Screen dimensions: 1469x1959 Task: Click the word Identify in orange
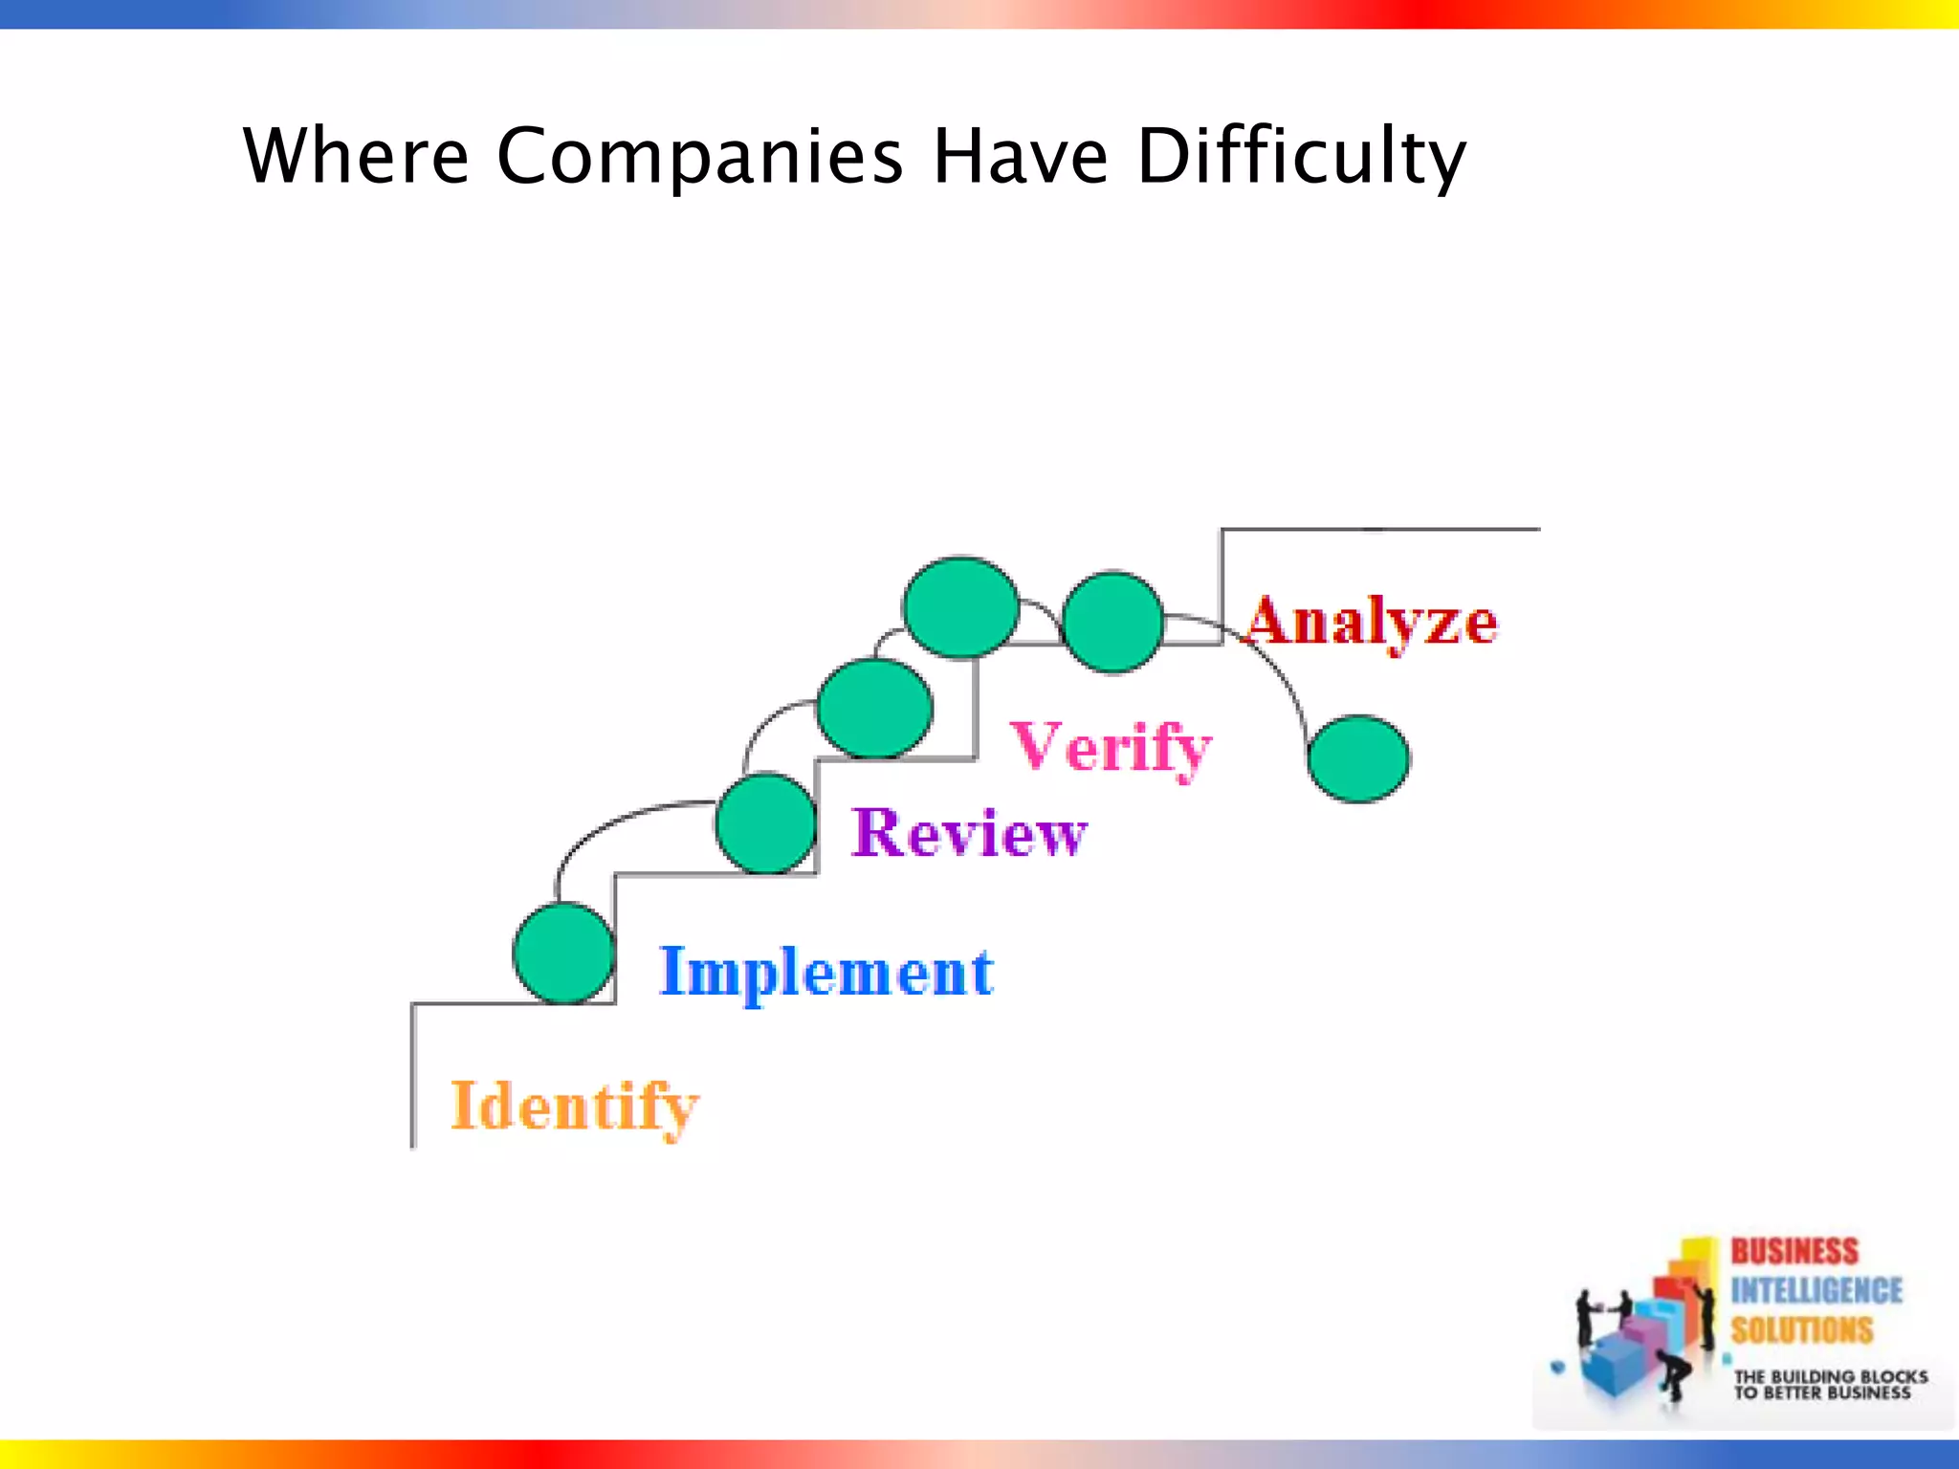click(574, 1107)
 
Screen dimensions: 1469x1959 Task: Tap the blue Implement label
click(826, 973)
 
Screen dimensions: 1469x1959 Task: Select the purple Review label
click(968, 832)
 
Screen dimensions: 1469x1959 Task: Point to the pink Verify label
click(1111, 747)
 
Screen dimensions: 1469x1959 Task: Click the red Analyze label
click(1372, 623)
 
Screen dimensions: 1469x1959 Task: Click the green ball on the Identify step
click(563, 953)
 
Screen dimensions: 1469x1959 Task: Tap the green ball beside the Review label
click(765, 823)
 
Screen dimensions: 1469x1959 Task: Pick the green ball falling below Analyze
click(1357, 758)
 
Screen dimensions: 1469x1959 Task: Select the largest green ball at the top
click(960, 607)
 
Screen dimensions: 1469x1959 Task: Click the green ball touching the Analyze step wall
click(1112, 623)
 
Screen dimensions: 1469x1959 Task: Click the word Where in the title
click(356, 155)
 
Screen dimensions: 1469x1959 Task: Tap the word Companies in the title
click(699, 157)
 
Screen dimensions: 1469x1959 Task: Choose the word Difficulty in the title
click(1301, 157)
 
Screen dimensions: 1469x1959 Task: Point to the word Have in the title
click(1020, 155)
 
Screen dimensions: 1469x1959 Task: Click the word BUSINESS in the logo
click(1794, 1252)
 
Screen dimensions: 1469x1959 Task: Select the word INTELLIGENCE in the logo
click(1816, 1291)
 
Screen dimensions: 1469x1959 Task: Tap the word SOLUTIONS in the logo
click(1801, 1330)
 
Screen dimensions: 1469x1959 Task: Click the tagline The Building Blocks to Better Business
click(1830, 1385)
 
